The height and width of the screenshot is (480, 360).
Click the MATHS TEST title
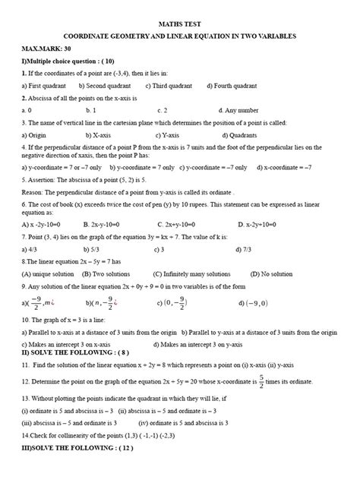180,24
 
